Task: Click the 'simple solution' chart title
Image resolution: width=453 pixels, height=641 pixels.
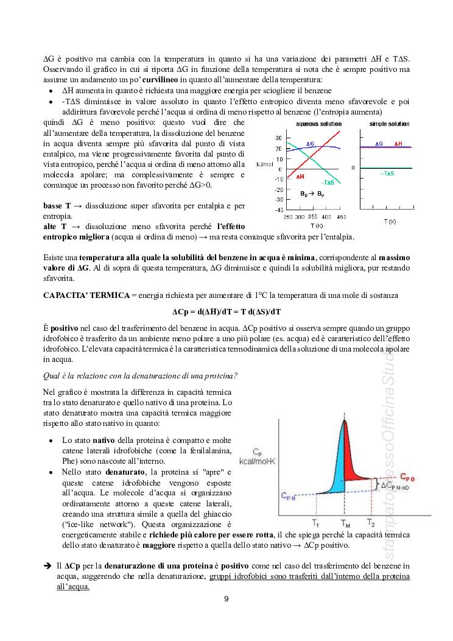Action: tap(390, 124)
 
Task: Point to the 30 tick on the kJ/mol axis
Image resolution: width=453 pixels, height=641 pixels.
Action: tap(278, 138)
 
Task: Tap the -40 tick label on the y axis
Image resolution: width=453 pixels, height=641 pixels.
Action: tap(278, 210)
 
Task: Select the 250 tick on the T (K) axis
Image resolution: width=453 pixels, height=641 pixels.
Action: tap(289, 217)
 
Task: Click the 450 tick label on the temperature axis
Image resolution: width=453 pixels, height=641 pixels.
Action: tap(341, 217)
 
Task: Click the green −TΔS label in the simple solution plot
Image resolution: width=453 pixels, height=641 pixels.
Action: tap(387, 174)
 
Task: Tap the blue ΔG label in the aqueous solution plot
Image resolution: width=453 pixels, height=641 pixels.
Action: tap(310, 144)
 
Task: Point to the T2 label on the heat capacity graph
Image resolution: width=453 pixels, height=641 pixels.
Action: tap(371, 522)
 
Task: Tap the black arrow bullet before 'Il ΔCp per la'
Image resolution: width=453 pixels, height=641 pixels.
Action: tap(47, 566)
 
